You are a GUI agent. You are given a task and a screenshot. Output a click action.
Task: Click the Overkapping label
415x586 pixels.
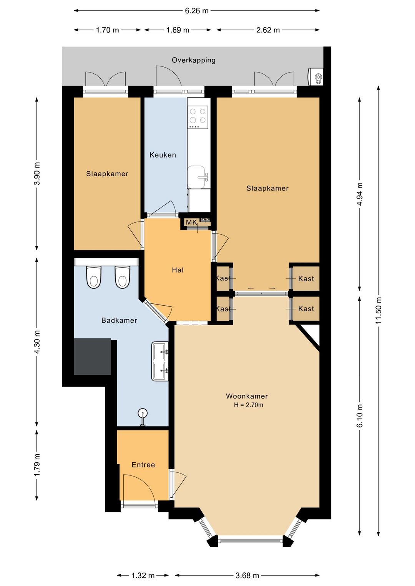(194, 60)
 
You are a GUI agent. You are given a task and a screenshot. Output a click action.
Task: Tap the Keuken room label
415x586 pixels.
(163, 155)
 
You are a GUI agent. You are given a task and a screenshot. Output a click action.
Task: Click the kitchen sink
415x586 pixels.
(198, 177)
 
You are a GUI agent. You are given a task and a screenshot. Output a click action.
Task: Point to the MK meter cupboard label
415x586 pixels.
(191, 222)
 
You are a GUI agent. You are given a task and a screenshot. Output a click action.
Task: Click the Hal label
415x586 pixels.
(178, 270)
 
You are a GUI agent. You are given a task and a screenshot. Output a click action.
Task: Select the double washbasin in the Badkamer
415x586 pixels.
(160, 361)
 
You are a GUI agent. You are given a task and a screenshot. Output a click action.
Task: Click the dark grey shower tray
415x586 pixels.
(93, 357)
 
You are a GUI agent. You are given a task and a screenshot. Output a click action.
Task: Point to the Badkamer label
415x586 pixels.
(119, 320)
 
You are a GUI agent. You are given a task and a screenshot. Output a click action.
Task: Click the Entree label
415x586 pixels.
(143, 465)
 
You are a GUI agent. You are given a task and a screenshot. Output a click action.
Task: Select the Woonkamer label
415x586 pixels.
(247, 396)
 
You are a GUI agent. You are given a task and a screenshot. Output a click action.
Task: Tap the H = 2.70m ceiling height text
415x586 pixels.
(249, 405)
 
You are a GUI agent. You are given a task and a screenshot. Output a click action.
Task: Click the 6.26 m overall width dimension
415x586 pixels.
(197, 11)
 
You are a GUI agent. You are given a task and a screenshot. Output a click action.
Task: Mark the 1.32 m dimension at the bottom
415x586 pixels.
(143, 575)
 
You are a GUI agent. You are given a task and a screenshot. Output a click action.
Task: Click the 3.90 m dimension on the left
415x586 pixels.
(37, 174)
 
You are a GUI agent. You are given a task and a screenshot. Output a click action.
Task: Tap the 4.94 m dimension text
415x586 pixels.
(360, 194)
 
